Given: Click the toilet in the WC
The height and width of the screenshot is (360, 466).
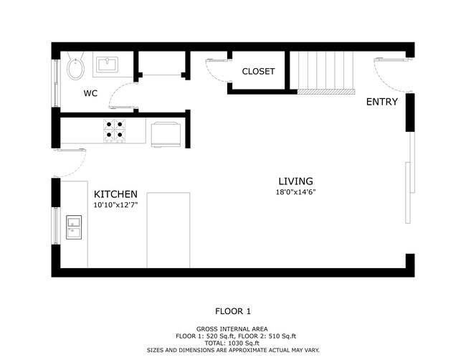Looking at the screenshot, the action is pos(75,66).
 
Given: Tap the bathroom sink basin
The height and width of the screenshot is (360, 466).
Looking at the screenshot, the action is pos(107,65).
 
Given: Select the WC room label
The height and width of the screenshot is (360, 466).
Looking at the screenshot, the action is pos(90,93).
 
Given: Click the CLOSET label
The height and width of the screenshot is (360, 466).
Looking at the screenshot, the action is pos(258,71).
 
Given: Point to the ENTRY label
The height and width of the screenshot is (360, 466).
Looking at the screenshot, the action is pos(382,102).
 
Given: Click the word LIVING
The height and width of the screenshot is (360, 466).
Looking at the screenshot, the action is pos(295,181).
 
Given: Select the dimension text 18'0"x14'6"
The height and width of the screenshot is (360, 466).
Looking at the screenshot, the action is pos(295,192).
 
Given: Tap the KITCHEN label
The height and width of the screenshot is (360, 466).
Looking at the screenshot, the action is pos(115,194).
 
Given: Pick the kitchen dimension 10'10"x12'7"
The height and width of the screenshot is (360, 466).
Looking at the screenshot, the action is pos(115,205).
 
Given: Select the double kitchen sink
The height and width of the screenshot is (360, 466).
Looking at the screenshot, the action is pos(74,227).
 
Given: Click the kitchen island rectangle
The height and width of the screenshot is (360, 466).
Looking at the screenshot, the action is pos(168,230).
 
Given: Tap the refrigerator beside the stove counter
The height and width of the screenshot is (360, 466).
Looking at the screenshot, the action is pos(166,134).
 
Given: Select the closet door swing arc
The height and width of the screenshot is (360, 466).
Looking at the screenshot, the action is pos(214,76).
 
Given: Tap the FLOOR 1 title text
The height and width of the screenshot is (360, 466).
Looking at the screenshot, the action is pos(233,311).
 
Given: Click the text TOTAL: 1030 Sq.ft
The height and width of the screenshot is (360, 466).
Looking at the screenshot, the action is pos(233,343).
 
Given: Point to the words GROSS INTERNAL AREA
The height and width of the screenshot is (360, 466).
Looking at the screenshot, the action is pos(232,328).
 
